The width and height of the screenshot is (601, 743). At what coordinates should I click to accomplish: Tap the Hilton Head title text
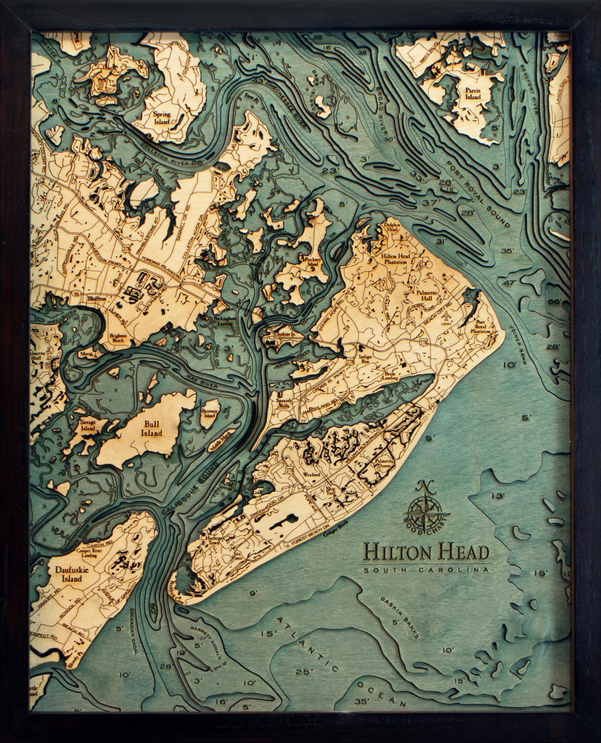click(x=426, y=551)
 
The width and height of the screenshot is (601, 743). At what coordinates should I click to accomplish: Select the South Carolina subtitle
click(x=426, y=570)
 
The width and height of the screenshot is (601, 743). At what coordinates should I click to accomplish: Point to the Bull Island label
click(x=151, y=428)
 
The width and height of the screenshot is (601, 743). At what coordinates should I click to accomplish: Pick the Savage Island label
click(x=88, y=424)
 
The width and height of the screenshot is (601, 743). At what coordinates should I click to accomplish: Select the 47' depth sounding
click(x=511, y=282)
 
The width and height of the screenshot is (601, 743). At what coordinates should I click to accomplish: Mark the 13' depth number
click(x=497, y=496)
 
